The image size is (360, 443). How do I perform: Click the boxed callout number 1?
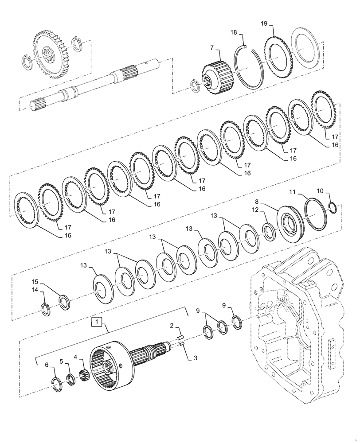click(96, 320)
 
